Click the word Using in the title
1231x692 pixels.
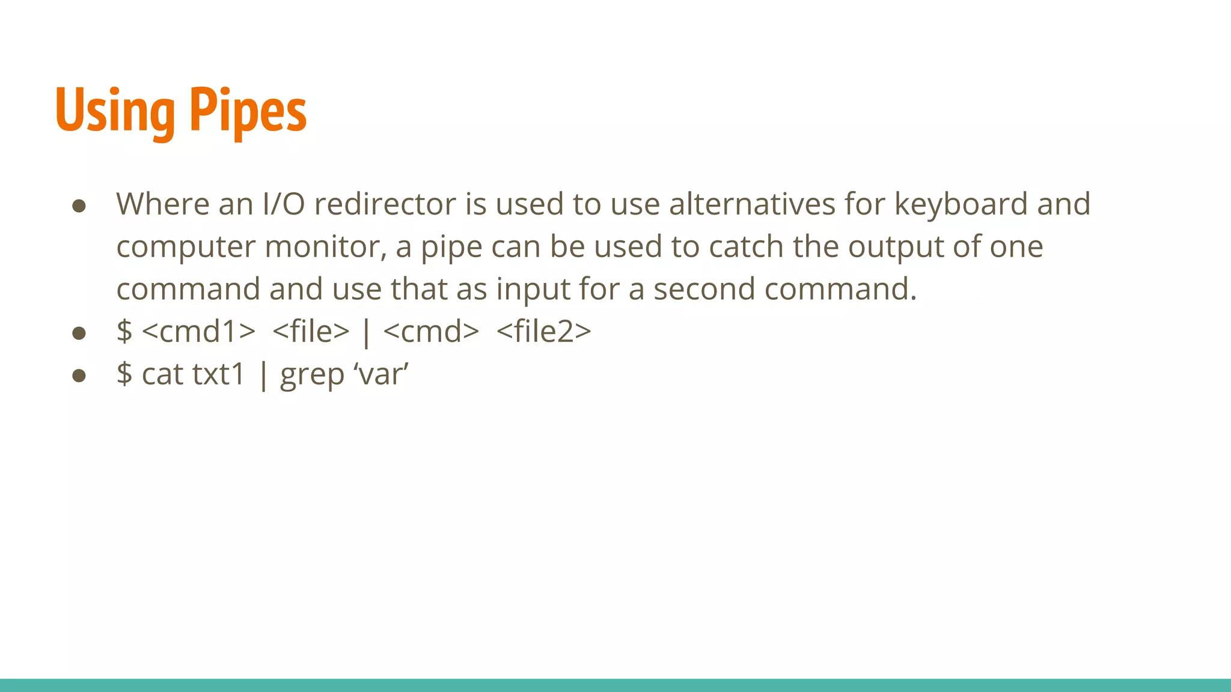pos(115,111)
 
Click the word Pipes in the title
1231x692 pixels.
pos(248,111)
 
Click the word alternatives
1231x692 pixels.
pos(752,204)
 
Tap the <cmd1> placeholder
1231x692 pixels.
pos(198,332)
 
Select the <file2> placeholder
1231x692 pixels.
pos(544,332)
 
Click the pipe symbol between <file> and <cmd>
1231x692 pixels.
pos(366,333)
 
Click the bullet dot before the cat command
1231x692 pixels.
pos(79,376)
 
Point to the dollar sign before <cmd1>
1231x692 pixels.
pos(124,332)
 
